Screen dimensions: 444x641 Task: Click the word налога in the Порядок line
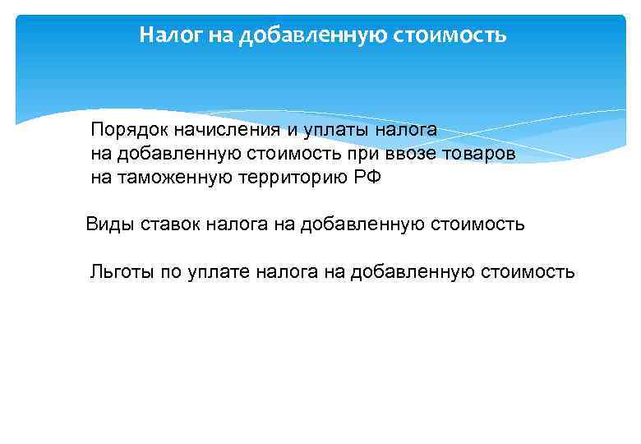pos(408,130)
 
